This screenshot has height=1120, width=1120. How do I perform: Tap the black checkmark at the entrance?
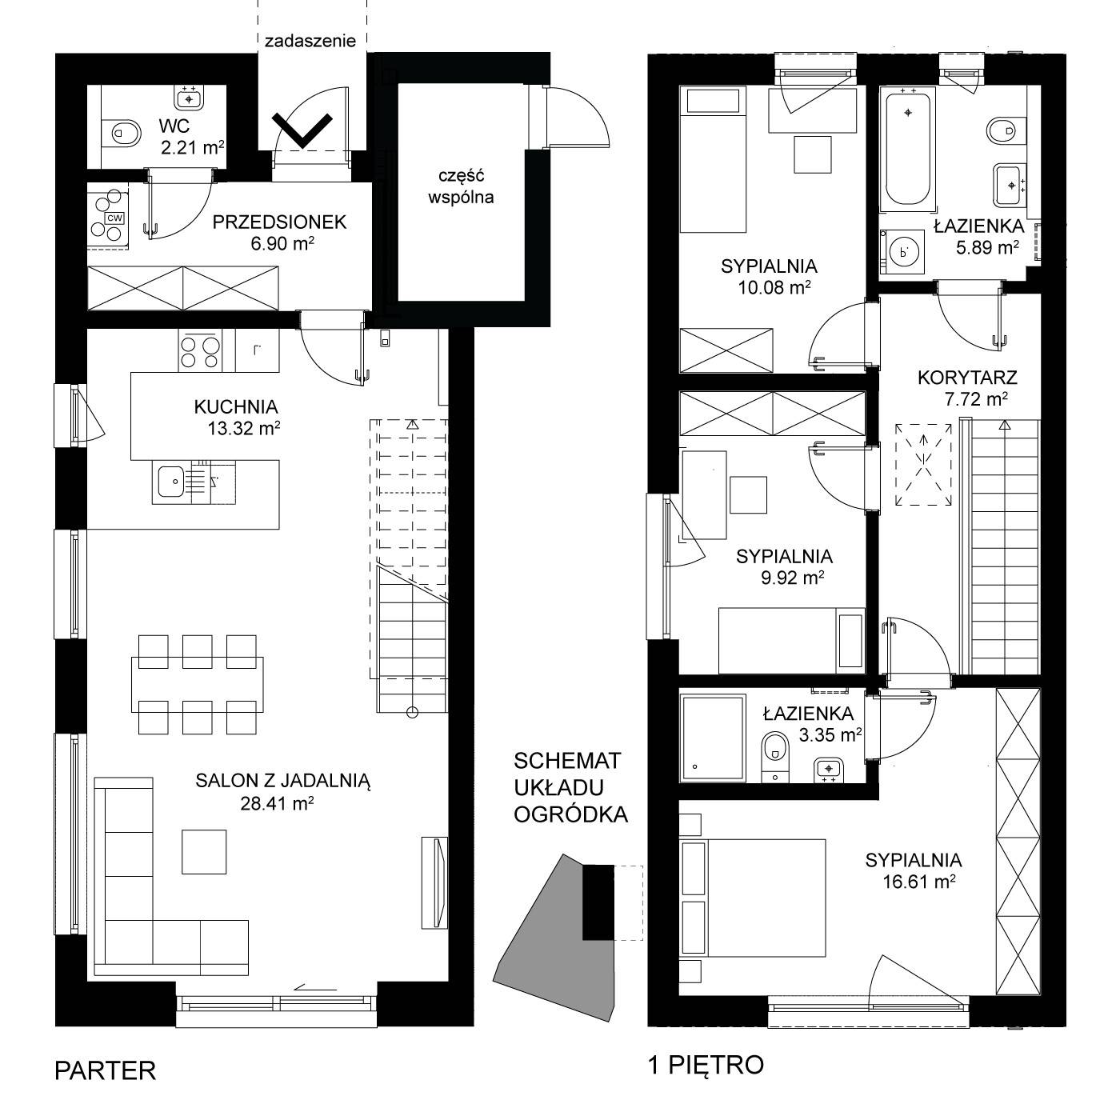[302, 130]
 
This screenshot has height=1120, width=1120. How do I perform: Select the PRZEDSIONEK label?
[279, 222]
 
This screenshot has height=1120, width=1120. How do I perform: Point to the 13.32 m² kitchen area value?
[244, 428]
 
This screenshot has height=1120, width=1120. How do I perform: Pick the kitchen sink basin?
[171, 482]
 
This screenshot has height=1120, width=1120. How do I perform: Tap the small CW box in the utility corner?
[115, 218]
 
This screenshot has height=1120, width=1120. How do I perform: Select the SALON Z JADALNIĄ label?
[282, 781]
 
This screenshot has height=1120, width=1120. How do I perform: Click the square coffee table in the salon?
[203, 851]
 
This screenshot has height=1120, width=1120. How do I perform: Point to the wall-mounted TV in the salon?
[435, 882]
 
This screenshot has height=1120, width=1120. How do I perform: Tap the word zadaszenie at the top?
[310, 42]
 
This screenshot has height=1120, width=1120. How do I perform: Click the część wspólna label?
[461, 186]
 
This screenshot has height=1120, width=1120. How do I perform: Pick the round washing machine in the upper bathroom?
[903, 253]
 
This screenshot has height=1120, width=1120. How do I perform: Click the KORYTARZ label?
[967, 378]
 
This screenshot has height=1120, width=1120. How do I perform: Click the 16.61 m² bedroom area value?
[919, 882]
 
